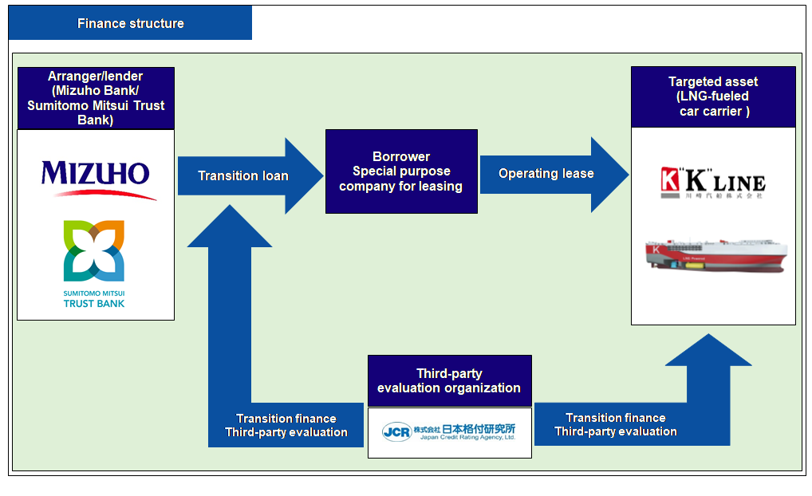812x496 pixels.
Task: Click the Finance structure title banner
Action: click(x=130, y=23)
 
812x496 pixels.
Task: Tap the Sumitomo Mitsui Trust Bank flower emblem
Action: click(x=94, y=252)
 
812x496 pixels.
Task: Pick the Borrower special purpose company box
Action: click(x=401, y=171)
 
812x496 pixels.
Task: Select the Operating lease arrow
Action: click(x=546, y=173)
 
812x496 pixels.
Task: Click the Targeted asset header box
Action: click(x=713, y=96)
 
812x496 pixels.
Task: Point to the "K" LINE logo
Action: click(x=713, y=183)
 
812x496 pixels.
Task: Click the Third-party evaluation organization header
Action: click(x=449, y=380)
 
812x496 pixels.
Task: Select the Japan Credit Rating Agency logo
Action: click(x=449, y=432)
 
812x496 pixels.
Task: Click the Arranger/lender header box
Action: click(x=96, y=98)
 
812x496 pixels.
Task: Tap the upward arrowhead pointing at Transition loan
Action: click(x=229, y=227)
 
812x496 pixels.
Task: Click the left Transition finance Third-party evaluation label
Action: click(x=286, y=425)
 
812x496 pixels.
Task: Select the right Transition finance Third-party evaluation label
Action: click(x=616, y=424)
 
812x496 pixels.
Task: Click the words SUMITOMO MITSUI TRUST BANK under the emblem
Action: click(x=94, y=298)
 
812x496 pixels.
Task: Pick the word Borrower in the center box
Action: click(x=401, y=156)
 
